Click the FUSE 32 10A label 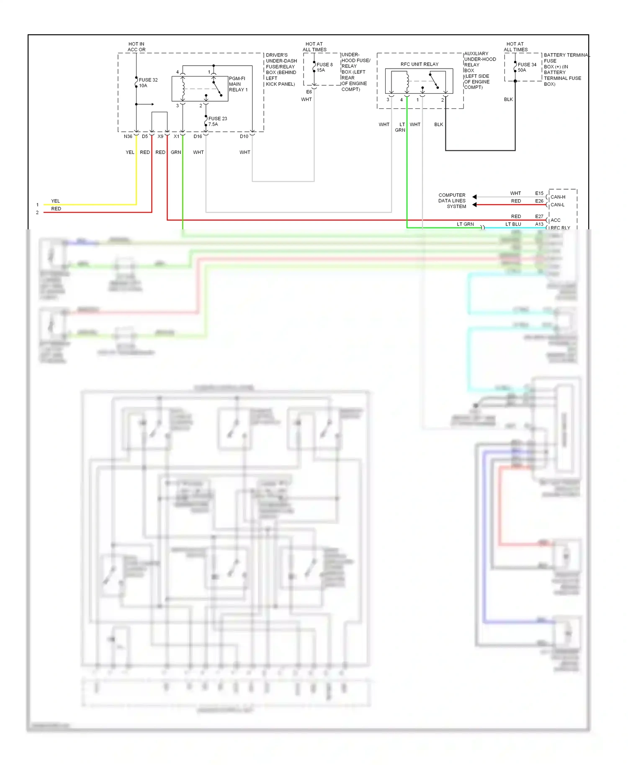point(148,83)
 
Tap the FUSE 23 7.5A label point(218,121)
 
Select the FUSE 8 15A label point(324,67)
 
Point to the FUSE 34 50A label point(527,67)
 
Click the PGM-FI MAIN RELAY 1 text point(238,84)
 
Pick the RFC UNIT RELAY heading point(420,64)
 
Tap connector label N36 point(128,136)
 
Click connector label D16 point(198,136)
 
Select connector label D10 point(244,136)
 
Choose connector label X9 point(160,136)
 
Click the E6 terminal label point(309,92)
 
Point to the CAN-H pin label point(558,197)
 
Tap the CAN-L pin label point(557,205)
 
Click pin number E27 point(539,217)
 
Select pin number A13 point(539,224)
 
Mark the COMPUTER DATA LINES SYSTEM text point(452,201)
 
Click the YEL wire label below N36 point(130,152)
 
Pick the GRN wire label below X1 point(176,152)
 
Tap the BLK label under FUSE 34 point(508,100)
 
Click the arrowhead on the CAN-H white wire point(474,197)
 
